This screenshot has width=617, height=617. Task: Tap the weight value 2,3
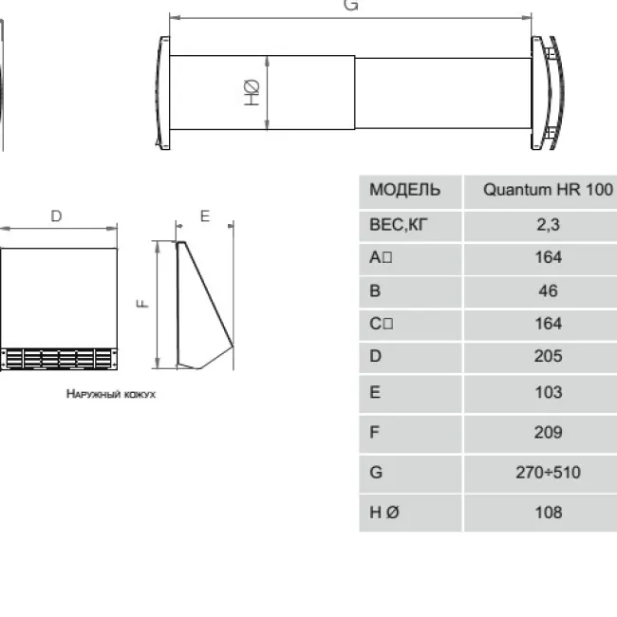548,225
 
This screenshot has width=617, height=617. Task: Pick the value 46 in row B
548,290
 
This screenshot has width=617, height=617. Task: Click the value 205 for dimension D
548,356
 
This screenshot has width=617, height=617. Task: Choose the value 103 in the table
548,392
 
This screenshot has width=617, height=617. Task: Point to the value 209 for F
548,433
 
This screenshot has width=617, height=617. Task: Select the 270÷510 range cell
548,472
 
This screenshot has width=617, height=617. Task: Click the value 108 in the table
548,513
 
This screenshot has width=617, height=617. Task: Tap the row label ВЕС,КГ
399,225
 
